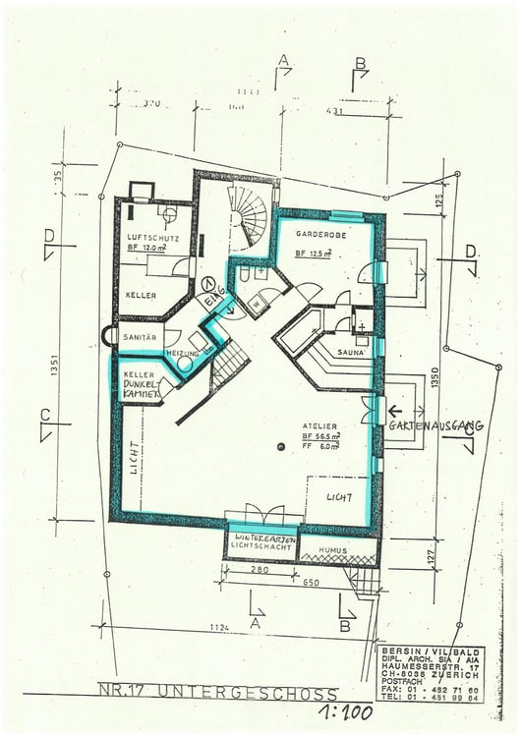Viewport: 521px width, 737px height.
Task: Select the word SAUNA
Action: coord(351,350)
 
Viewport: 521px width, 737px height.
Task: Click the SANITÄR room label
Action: coord(141,336)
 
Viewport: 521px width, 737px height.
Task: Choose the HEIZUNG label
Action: coord(184,351)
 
